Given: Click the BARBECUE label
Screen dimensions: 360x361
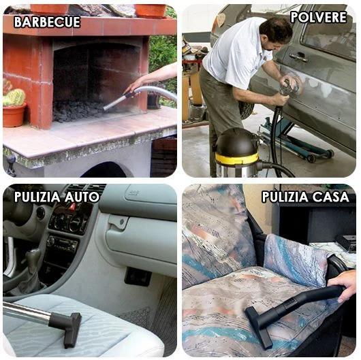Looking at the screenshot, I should pos(47,22).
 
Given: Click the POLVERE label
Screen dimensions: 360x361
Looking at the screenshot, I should pos(319,17).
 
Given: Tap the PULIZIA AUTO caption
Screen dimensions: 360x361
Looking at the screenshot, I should pos(57,197).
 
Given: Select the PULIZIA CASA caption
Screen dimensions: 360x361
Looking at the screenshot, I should pos(304,197).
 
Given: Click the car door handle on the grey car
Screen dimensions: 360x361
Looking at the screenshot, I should pos(298,57).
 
